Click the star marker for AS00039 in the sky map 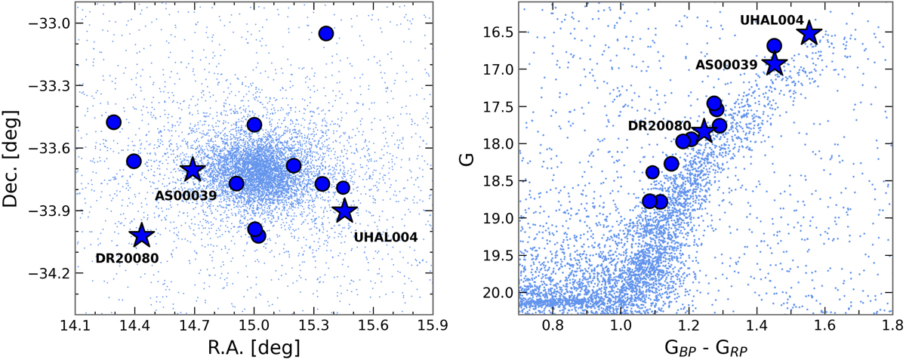[192, 169]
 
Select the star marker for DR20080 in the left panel [142, 236]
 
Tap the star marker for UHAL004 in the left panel [346, 211]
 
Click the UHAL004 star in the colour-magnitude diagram [809, 32]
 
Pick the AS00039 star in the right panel [774, 64]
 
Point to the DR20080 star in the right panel [704, 130]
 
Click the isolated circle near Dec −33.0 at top [326, 33]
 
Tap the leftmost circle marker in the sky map [114, 122]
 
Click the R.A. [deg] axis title [254, 348]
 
